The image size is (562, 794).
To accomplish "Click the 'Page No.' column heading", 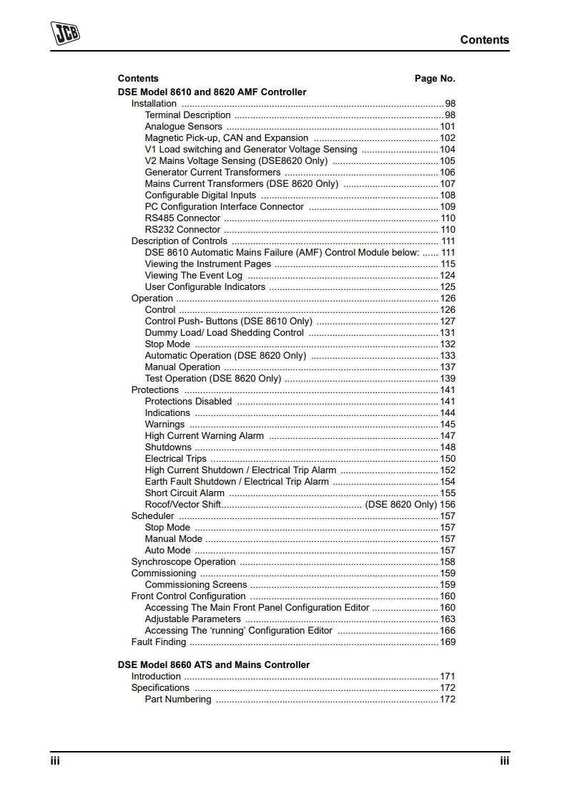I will click(x=435, y=79).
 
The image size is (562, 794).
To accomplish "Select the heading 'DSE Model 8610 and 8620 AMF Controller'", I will click(x=212, y=92).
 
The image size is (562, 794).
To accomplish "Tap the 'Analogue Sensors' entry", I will click(x=183, y=127).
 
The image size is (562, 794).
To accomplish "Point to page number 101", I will click(x=448, y=127).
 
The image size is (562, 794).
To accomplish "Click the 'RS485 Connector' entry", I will click(x=182, y=218).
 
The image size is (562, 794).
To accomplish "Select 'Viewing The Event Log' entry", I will click(x=194, y=276).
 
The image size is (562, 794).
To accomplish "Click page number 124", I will click(x=448, y=276).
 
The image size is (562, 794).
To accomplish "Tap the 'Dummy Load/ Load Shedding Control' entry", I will click(x=225, y=333).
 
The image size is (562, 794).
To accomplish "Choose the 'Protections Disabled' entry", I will click(x=188, y=402).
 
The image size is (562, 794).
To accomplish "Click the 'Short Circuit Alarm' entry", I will click(x=184, y=493).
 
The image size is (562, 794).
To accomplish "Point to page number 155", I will click(x=448, y=493).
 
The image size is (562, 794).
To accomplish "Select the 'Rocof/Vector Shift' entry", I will click(x=182, y=505).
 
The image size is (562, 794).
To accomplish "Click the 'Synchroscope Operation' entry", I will click(x=183, y=562).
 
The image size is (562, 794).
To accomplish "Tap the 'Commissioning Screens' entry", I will click(x=195, y=585).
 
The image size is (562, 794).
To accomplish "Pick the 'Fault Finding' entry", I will click(x=158, y=642).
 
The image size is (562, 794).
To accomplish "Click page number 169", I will click(x=448, y=642).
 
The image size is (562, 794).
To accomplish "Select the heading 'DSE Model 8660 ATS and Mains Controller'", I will click(x=214, y=665).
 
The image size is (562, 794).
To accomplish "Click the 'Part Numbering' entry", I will click(x=178, y=699).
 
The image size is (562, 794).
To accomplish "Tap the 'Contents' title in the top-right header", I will click(x=485, y=40).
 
